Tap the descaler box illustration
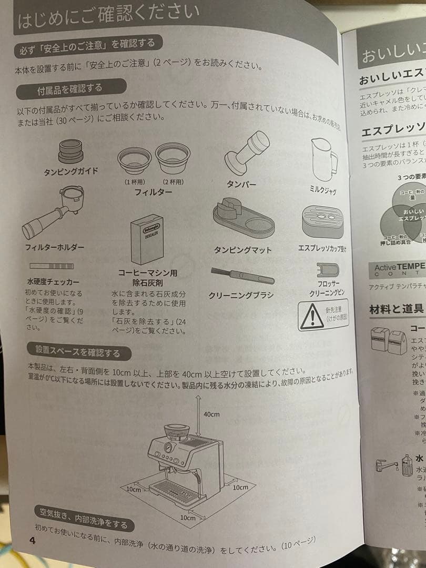coord(147,239)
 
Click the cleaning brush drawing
coord(241,275)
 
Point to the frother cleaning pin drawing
coord(329,270)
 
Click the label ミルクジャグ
coord(322,190)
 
